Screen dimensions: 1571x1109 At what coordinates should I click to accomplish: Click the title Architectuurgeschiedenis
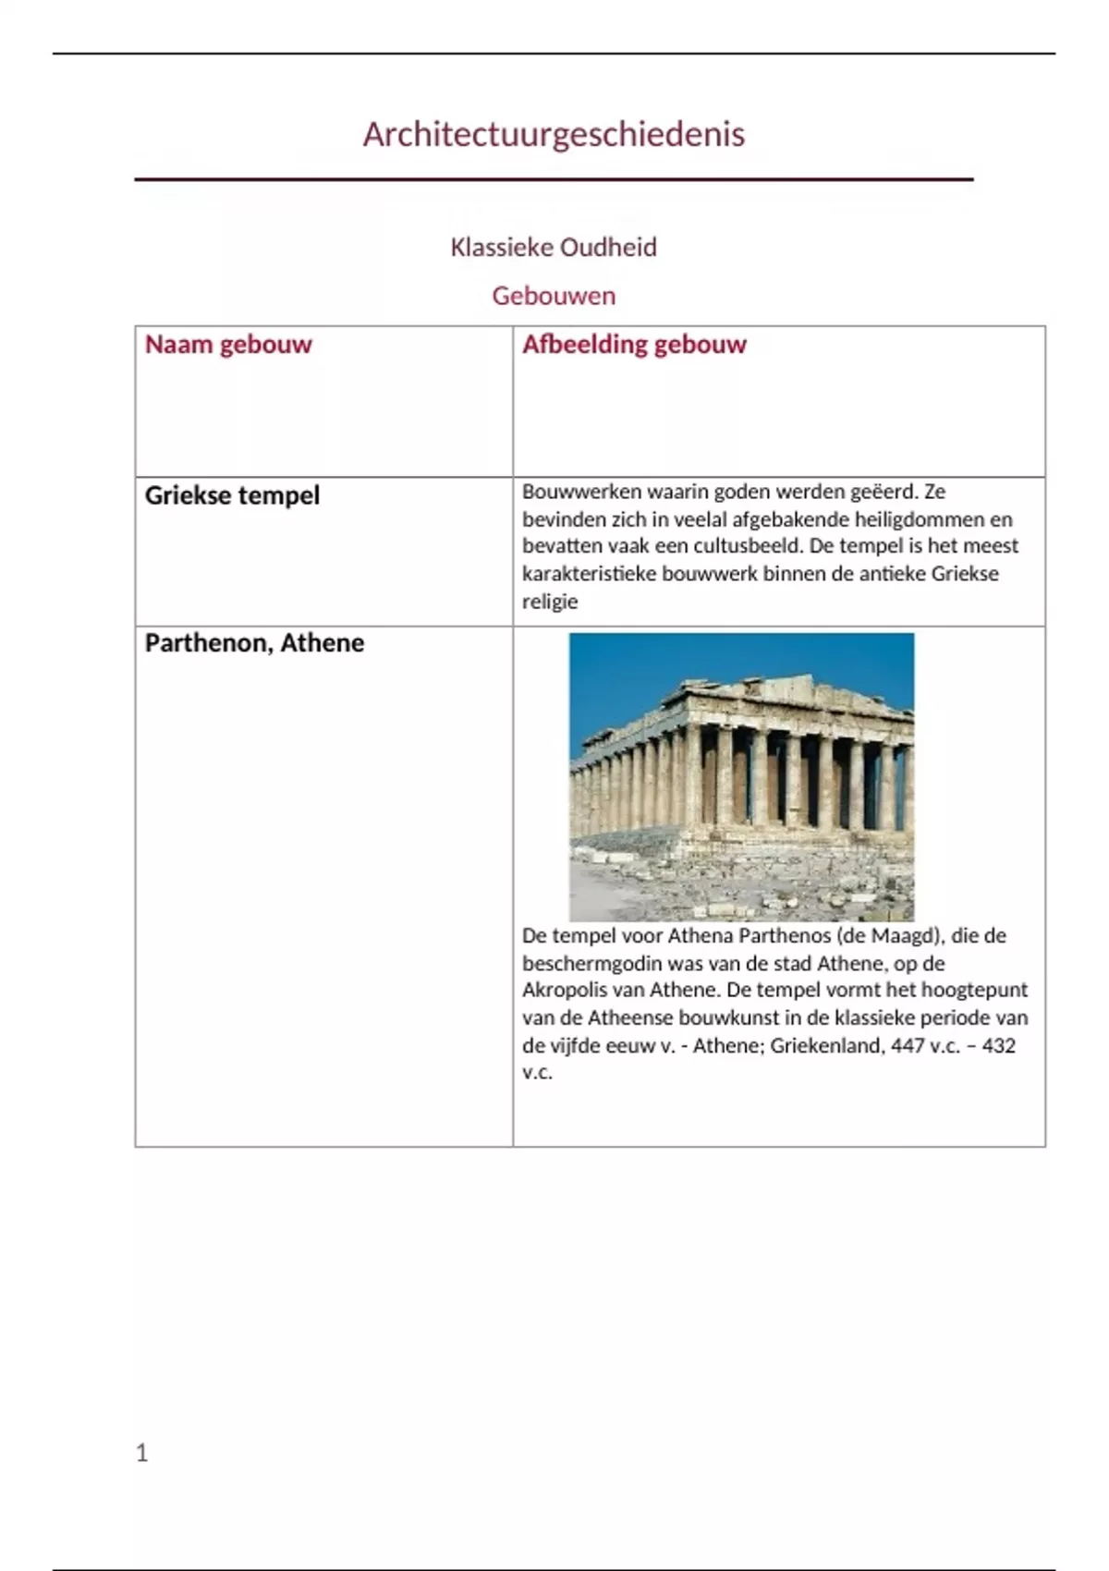[554, 135]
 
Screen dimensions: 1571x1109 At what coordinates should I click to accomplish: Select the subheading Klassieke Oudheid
[554, 248]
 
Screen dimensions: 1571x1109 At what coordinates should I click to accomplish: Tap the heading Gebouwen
[554, 296]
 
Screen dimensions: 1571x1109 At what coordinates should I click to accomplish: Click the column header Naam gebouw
[228, 345]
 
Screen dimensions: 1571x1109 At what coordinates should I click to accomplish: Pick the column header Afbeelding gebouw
[634, 345]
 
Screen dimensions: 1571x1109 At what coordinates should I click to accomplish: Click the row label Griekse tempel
[232, 495]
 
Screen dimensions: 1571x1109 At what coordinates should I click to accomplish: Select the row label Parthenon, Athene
[254, 643]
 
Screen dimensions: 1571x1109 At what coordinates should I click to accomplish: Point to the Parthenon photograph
[741, 776]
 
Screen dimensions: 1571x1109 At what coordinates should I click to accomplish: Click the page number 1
[141, 1454]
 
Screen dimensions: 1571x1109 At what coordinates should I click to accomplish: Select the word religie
[550, 602]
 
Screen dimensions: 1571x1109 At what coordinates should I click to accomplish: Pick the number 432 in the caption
[998, 1046]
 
